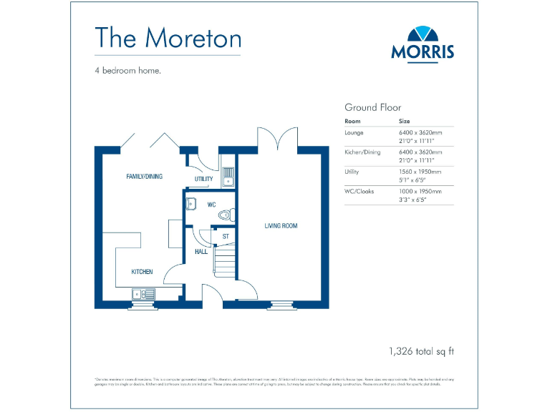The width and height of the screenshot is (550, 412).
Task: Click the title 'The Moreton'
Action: [x=168, y=37]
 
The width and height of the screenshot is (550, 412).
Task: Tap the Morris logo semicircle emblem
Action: [x=423, y=35]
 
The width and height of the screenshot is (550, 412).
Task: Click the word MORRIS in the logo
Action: [x=423, y=52]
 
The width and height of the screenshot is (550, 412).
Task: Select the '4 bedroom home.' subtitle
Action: [x=127, y=71]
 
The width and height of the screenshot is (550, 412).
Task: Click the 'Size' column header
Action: [x=405, y=122]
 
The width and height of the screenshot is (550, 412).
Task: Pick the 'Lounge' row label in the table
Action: [x=354, y=132]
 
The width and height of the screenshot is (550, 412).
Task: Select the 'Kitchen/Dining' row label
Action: [x=363, y=152]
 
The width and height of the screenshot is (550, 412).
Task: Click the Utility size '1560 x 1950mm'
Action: [x=420, y=172]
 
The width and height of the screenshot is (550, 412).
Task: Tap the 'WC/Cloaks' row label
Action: [x=359, y=191]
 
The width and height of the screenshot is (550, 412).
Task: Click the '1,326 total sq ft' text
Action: [x=421, y=350]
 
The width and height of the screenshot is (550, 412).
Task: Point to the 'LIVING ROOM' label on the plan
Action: [x=281, y=226]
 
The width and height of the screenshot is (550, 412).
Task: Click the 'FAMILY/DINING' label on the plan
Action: [x=145, y=176]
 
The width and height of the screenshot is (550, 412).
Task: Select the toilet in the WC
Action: [x=226, y=212]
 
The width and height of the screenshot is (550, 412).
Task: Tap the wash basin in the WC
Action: [x=190, y=205]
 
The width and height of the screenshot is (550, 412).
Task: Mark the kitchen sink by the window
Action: [x=144, y=293]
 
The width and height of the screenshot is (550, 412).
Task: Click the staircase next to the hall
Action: [x=225, y=261]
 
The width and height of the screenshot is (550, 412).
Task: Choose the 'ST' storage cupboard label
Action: [x=225, y=236]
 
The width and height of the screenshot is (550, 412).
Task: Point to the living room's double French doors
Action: [x=277, y=139]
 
